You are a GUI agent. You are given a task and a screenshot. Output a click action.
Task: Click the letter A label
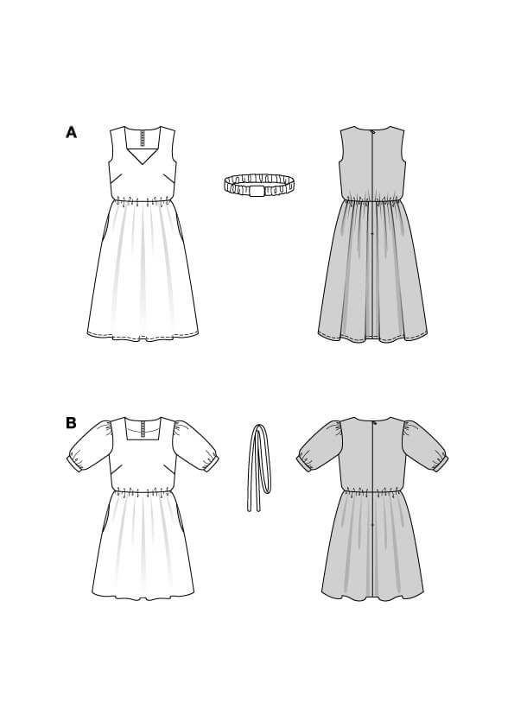[x=71, y=133]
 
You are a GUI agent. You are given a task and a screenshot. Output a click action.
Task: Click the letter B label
[x=71, y=423]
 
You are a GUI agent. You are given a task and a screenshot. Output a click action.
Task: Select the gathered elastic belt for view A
[x=259, y=185]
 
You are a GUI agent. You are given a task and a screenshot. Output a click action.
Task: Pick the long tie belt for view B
[x=259, y=467]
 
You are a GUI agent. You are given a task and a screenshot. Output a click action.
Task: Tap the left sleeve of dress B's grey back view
[x=320, y=446]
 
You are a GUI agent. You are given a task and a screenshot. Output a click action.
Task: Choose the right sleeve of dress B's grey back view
[x=425, y=446]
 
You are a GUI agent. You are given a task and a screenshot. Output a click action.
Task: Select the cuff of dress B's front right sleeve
[x=211, y=464]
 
